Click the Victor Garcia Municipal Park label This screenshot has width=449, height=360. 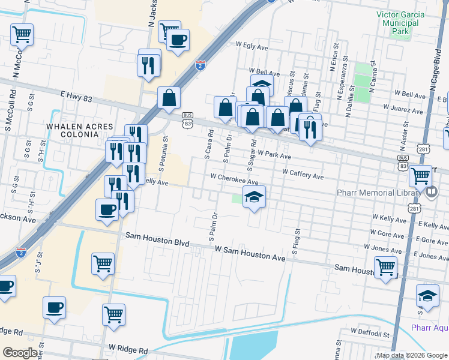click(x=400, y=22)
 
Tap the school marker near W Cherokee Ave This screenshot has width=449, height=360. click(x=254, y=197)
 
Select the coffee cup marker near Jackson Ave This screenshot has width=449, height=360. click(x=107, y=209)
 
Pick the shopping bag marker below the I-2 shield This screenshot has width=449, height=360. click(x=169, y=97)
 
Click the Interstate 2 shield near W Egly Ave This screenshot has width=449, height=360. click(x=200, y=65)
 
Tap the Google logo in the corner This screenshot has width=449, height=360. click(x=19, y=353)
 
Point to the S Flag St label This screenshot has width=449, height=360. click(x=295, y=239)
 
